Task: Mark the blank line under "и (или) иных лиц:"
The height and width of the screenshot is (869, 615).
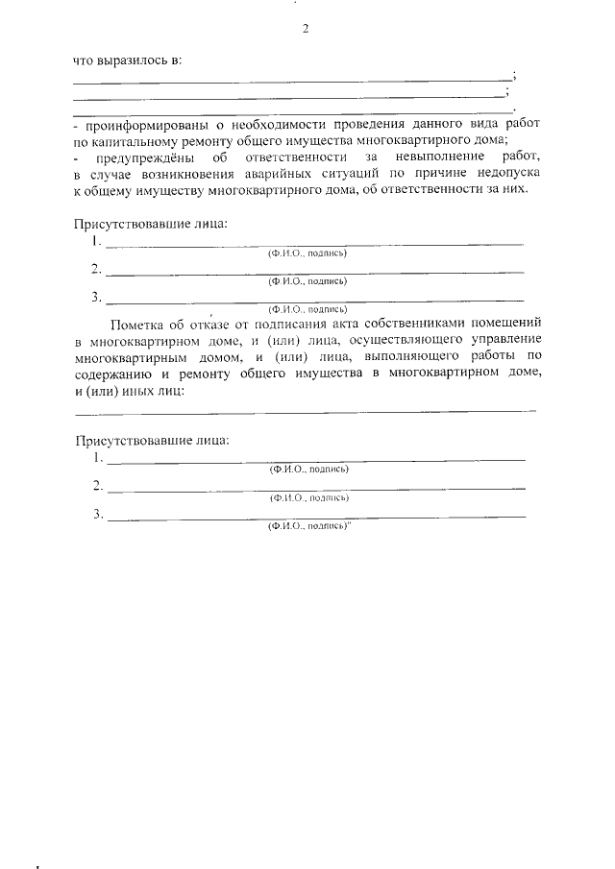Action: pos(306,411)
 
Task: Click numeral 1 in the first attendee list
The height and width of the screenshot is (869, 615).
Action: pos(97,243)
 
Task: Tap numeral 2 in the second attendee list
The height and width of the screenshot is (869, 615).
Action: pos(98,486)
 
